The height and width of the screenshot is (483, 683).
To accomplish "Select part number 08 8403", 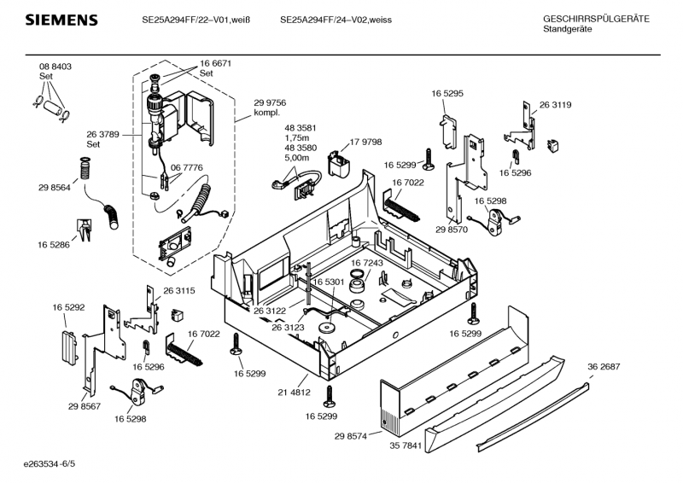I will click(x=55, y=67).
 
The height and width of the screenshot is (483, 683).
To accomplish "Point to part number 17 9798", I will click(x=366, y=143).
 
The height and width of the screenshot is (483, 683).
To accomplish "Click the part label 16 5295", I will click(x=447, y=92).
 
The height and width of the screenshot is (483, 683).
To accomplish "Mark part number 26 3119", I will click(x=555, y=105).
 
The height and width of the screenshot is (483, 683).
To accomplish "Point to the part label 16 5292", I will click(x=68, y=306).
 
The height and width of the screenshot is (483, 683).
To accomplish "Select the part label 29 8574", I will click(x=351, y=435).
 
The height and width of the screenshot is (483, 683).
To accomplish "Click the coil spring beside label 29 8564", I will click(x=85, y=170).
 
